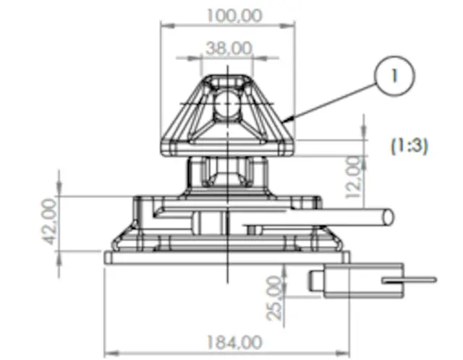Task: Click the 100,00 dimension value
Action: click(x=234, y=15)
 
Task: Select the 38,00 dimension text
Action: click(x=229, y=48)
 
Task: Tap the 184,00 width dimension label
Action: click(x=234, y=343)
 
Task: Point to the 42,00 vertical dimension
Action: click(x=49, y=222)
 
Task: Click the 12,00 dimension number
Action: click(x=354, y=177)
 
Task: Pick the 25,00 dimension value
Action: click(x=273, y=299)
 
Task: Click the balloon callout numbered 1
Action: click(x=394, y=76)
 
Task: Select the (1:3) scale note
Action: click(x=409, y=146)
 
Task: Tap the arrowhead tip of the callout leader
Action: click(x=282, y=121)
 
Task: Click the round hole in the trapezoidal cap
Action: click(x=226, y=104)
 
